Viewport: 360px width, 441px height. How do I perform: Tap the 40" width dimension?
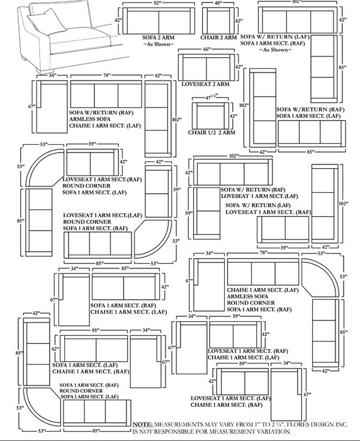pos(218,3)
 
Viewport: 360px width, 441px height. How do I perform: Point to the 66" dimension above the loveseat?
pos(206,49)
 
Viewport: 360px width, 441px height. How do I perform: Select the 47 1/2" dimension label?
pos(211,97)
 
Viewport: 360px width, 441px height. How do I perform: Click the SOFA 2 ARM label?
pos(158,37)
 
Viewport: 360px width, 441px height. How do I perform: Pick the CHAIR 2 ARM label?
pos(218,37)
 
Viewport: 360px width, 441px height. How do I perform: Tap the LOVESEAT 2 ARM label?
pos(205,84)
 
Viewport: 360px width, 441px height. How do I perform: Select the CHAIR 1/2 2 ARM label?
pos(211,132)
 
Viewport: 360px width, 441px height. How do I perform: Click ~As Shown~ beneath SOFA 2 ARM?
pos(158,44)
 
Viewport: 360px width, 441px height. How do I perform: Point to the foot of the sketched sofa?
pos(45,71)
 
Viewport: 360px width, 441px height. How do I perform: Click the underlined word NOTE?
pos(143,425)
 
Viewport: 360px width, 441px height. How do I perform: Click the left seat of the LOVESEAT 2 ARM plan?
pos(194,69)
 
